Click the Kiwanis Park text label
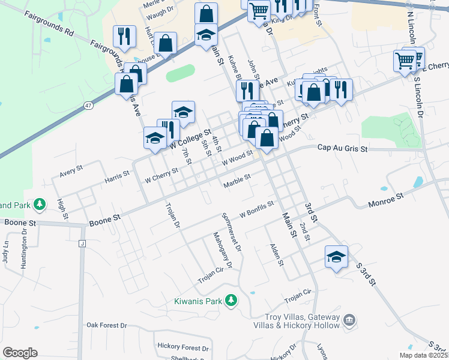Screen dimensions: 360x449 pyautogui.click(x=198, y=301)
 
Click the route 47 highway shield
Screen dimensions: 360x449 pyautogui.click(x=88, y=106)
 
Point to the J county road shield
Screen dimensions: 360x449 pyautogui.click(x=81, y=244)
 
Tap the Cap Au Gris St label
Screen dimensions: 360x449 pyautogui.click(x=342, y=147)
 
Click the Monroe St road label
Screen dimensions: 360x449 pyautogui.click(x=386, y=196)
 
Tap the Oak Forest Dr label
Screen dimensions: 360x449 pyautogui.click(x=107, y=325)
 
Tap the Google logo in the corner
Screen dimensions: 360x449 pyautogui.click(x=20, y=353)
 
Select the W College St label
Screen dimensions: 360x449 pyautogui.click(x=191, y=139)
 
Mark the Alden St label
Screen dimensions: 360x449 pyautogui.click(x=276, y=254)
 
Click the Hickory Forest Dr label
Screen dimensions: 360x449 pyautogui.click(x=183, y=347)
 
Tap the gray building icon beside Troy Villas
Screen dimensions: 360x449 pyautogui.click(x=349, y=321)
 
